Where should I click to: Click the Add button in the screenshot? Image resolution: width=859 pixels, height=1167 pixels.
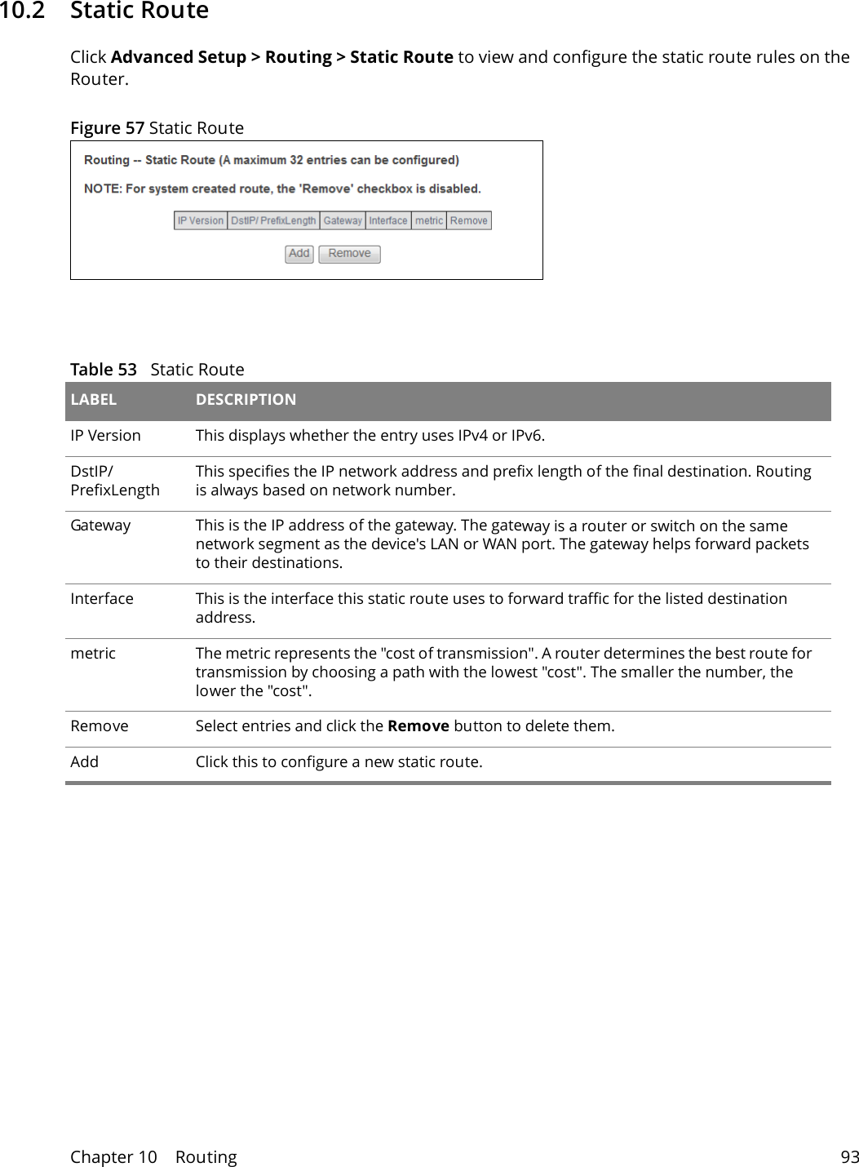[x=299, y=254]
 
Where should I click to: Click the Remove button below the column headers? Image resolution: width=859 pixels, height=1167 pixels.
[x=349, y=254]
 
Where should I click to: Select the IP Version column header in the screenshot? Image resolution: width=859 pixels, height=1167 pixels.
[x=201, y=221]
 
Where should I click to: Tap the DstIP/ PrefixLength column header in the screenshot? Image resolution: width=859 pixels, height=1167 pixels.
[x=272, y=221]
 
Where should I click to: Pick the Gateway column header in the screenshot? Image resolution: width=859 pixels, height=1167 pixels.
[x=343, y=221]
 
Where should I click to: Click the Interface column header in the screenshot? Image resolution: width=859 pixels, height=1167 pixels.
[x=388, y=221]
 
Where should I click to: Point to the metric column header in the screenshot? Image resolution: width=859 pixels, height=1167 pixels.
[x=429, y=221]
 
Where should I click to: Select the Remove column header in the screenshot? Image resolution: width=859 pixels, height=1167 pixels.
[x=469, y=221]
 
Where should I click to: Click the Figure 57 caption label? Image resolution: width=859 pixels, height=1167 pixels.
[x=107, y=128]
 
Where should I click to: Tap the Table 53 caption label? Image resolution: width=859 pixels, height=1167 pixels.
[x=104, y=370]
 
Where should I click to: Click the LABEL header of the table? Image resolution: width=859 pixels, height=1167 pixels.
[x=93, y=400]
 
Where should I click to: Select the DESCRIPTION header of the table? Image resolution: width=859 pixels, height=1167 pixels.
[x=246, y=400]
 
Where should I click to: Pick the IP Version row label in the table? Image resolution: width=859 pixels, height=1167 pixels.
[x=105, y=436]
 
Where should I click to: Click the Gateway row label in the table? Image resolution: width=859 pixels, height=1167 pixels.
[x=100, y=526]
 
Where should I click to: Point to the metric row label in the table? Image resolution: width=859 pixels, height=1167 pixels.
[x=93, y=654]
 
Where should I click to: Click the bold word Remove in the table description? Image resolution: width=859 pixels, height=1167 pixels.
[x=418, y=726]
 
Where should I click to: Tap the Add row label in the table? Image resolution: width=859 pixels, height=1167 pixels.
[x=84, y=762]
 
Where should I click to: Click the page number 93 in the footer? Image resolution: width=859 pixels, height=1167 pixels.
[x=849, y=1157]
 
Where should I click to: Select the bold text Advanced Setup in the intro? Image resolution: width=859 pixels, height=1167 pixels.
[x=179, y=57]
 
